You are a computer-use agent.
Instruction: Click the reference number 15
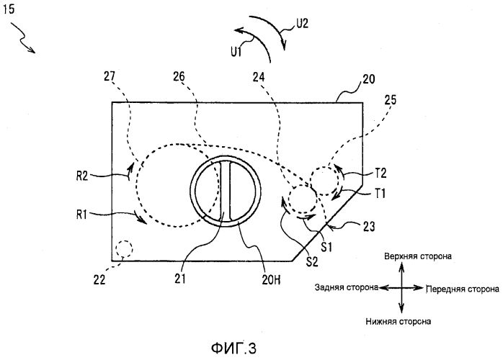(x=9, y=9)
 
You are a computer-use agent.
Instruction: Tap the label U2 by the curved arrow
(x=302, y=23)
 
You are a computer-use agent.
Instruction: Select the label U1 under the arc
(x=236, y=51)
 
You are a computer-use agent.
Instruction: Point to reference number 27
(x=110, y=77)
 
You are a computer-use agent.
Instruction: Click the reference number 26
(x=179, y=76)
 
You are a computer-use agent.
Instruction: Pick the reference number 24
(x=259, y=77)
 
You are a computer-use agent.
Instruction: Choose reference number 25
(x=390, y=100)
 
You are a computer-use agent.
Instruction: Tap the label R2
(x=82, y=176)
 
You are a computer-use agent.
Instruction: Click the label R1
(x=81, y=215)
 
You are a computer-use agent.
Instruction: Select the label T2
(x=380, y=174)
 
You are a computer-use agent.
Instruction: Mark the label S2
(x=312, y=262)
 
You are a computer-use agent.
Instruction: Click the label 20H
(x=271, y=280)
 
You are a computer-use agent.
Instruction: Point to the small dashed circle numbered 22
(x=124, y=248)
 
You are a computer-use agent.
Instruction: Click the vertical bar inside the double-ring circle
(x=225, y=191)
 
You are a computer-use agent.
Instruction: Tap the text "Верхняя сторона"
(x=418, y=256)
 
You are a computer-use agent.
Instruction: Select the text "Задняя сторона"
(x=347, y=287)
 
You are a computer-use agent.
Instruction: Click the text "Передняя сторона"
(x=462, y=289)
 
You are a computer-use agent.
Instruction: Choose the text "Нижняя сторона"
(x=398, y=321)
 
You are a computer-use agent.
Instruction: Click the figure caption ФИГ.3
(x=233, y=348)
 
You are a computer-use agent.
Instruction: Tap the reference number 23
(x=369, y=227)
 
